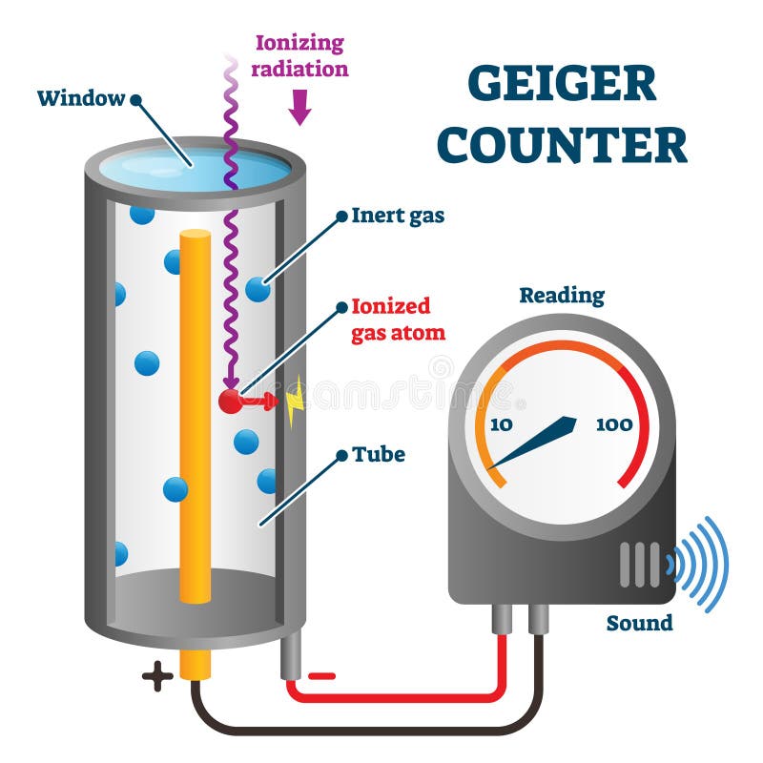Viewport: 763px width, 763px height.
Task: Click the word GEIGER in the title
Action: pyautogui.click(x=562, y=84)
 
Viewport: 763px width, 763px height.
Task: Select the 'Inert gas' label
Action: pyautogui.click(x=398, y=216)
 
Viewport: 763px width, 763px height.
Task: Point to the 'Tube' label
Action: pyautogui.click(x=379, y=454)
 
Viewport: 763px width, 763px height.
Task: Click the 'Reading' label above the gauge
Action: pyautogui.click(x=562, y=296)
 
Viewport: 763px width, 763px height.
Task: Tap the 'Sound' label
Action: pyautogui.click(x=639, y=623)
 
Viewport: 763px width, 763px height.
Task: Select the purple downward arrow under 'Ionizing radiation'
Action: pyautogui.click(x=299, y=108)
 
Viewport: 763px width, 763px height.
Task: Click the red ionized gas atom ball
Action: pyautogui.click(x=230, y=401)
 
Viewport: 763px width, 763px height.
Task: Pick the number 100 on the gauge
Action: pyautogui.click(x=613, y=423)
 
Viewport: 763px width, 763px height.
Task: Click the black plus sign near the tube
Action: pyautogui.click(x=157, y=676)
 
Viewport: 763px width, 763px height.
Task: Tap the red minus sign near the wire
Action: pyautogui.click(x=322, y=676)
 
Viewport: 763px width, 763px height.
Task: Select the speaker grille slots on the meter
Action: pyautogui.click(x=639, y=564)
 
